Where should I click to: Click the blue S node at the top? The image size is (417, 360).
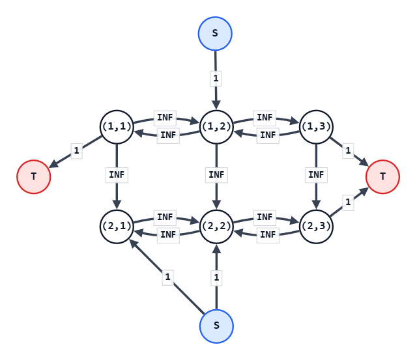(x=215, y=33)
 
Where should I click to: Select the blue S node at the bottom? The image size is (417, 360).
(x=216, y=326)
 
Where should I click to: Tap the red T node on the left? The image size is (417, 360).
(x=34, y=176)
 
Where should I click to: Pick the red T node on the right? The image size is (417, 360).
(x=382, y=176)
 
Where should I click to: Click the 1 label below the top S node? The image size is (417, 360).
(x=216, y=79)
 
